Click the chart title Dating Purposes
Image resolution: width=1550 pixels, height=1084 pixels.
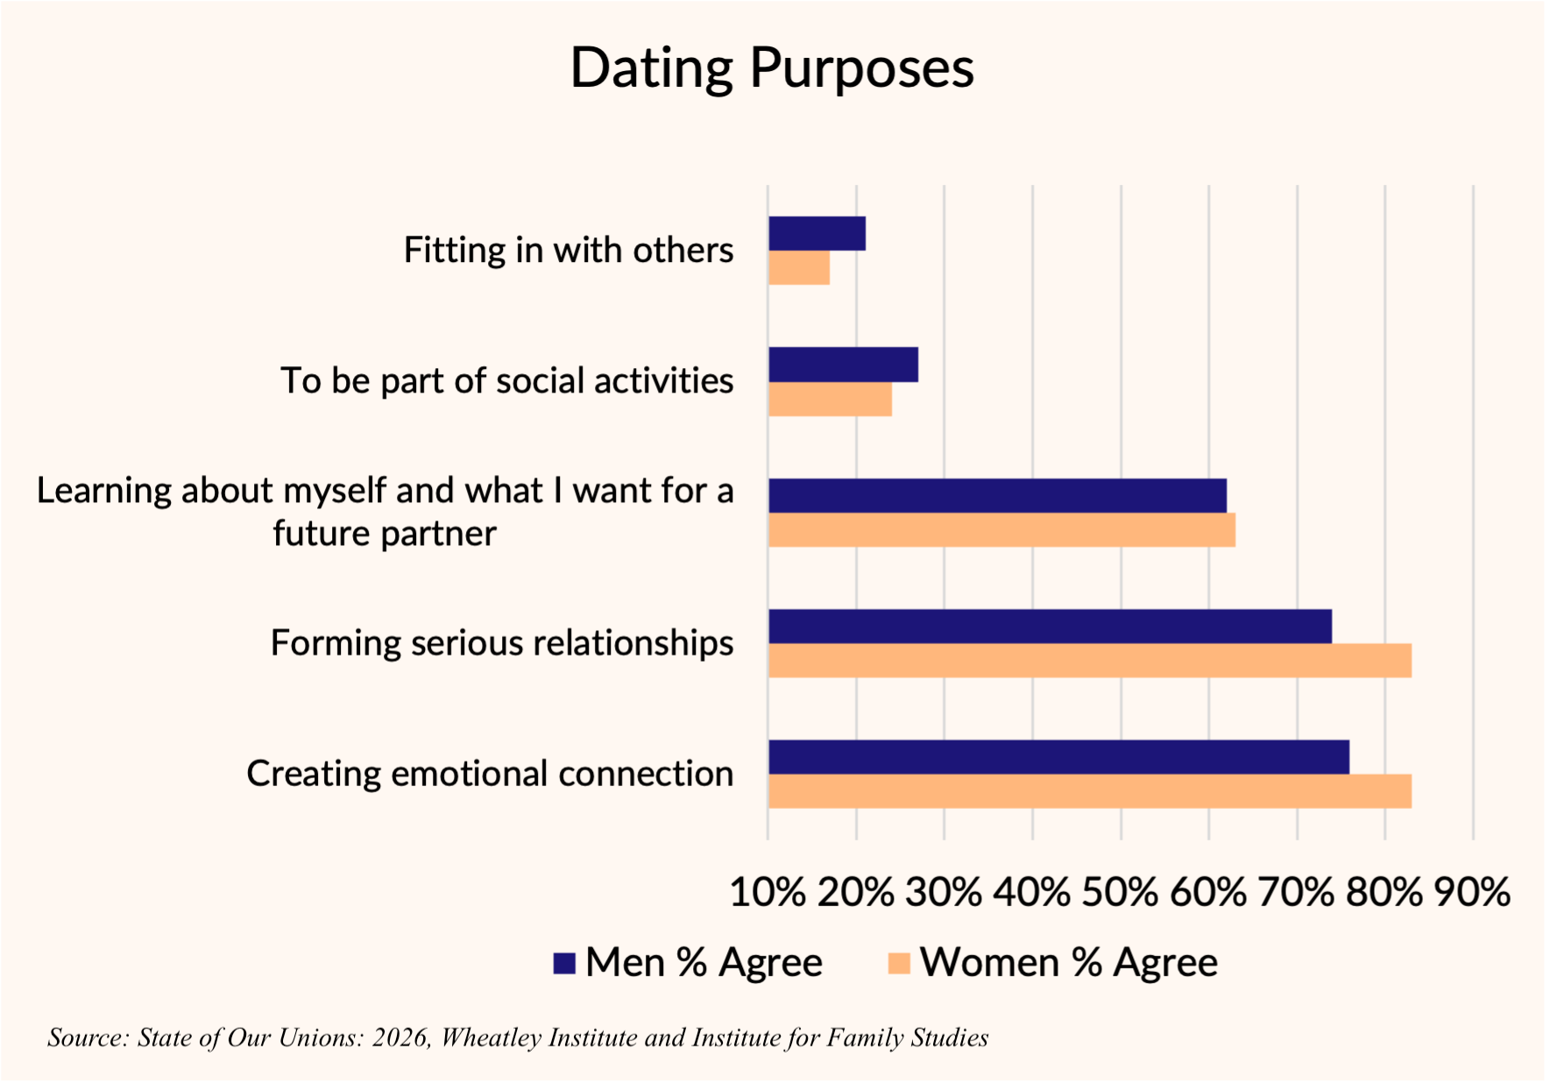772,68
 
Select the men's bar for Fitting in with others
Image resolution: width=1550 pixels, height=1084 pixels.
817,233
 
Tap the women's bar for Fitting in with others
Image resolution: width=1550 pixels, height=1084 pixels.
799,267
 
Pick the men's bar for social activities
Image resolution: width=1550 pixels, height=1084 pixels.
843,365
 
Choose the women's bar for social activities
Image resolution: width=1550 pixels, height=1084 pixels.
830,399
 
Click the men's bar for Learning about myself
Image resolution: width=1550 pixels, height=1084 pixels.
997,495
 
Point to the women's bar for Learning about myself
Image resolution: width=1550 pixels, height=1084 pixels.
1001,529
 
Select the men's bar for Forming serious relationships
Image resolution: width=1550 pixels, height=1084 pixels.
1050,627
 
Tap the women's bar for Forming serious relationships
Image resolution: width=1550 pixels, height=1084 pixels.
1089,661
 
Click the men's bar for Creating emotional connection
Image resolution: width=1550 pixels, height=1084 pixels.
1058,757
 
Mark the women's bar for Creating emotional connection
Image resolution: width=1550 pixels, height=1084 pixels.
1089,791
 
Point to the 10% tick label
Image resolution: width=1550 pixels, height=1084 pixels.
768,892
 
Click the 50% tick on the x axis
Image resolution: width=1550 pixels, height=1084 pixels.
1120,892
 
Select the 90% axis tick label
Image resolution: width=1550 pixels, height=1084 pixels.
1472,892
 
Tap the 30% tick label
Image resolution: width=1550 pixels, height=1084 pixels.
944,892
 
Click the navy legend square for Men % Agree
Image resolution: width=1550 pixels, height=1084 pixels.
564,963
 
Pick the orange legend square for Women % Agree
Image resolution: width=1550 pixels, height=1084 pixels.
899,963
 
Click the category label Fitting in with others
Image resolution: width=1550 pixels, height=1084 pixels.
568,251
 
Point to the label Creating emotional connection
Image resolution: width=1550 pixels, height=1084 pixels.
490,774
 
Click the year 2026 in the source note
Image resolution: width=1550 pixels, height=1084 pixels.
400,1038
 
